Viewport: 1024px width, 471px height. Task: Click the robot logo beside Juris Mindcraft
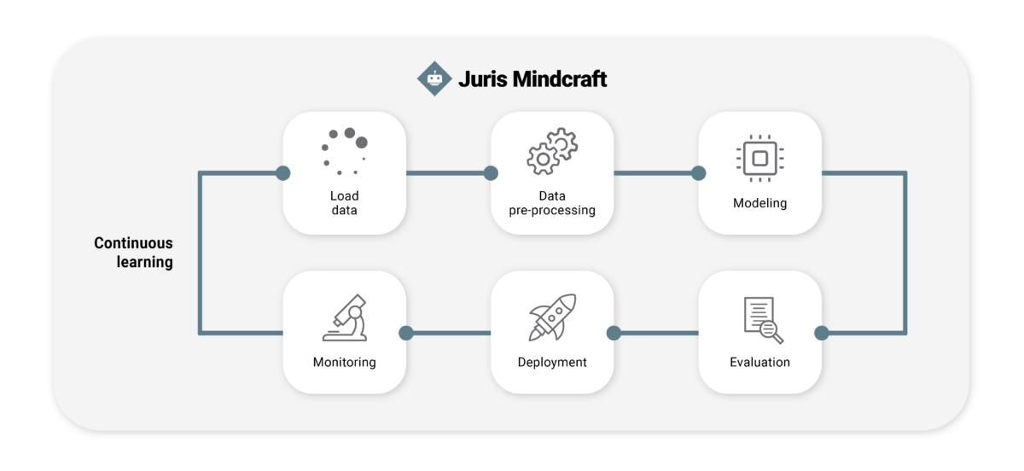click(x=434, y=78)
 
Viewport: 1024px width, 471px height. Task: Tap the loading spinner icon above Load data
click(x=345, y=151)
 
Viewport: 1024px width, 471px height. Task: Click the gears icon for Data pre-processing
click(x=552, y=152)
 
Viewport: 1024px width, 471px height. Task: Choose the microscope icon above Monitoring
click(x=345, y=317)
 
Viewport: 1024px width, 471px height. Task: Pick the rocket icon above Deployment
click(x=552, y=317)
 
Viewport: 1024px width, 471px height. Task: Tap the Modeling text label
click(x=759, y=203)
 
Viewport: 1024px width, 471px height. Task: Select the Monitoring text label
click(x=345, y=362)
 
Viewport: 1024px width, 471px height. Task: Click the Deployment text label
click(x=552, y=362)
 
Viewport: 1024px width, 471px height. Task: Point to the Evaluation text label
click(x=759, y=362)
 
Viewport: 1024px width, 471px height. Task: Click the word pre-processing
click(x=552, y=210)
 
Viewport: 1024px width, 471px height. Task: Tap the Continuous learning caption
click(x=134, y=253)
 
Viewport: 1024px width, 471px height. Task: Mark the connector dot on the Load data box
click(x=283, y=173)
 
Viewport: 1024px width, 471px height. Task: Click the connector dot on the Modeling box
click(x=699, y=173)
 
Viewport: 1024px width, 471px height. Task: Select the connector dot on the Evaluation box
click(x=822, y=333)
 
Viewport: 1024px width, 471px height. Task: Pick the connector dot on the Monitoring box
click(x=406, y=333)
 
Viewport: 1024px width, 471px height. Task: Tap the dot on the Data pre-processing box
click(x=491, y=173)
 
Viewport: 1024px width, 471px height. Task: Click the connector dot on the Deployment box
click(x=614, y=333)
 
